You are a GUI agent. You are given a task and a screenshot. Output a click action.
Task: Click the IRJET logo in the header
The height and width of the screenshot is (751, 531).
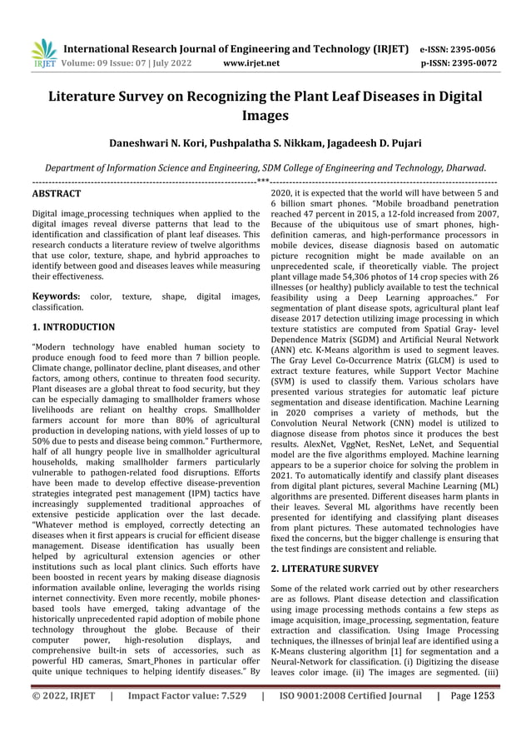[x=42, y=53]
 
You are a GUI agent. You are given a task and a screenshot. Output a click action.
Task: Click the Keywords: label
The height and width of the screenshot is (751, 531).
[x=56, y=296]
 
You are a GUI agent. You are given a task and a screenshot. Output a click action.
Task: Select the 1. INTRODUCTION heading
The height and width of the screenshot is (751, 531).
[x=73, y=327]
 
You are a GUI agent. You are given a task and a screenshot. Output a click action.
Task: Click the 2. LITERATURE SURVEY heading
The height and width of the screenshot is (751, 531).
[x=325, y=569]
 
